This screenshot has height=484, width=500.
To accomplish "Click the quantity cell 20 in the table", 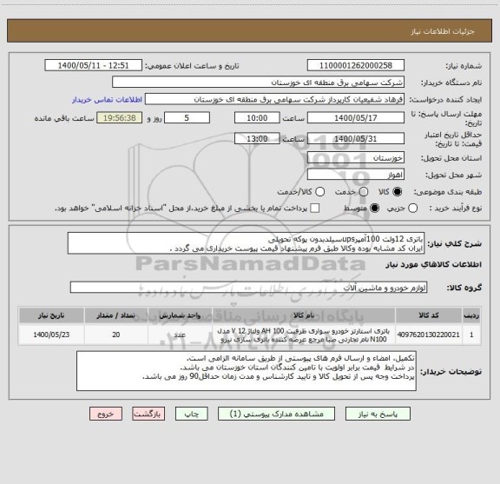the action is tap(116, 333).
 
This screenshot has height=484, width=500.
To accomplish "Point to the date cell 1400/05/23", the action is tap(55, 333).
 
